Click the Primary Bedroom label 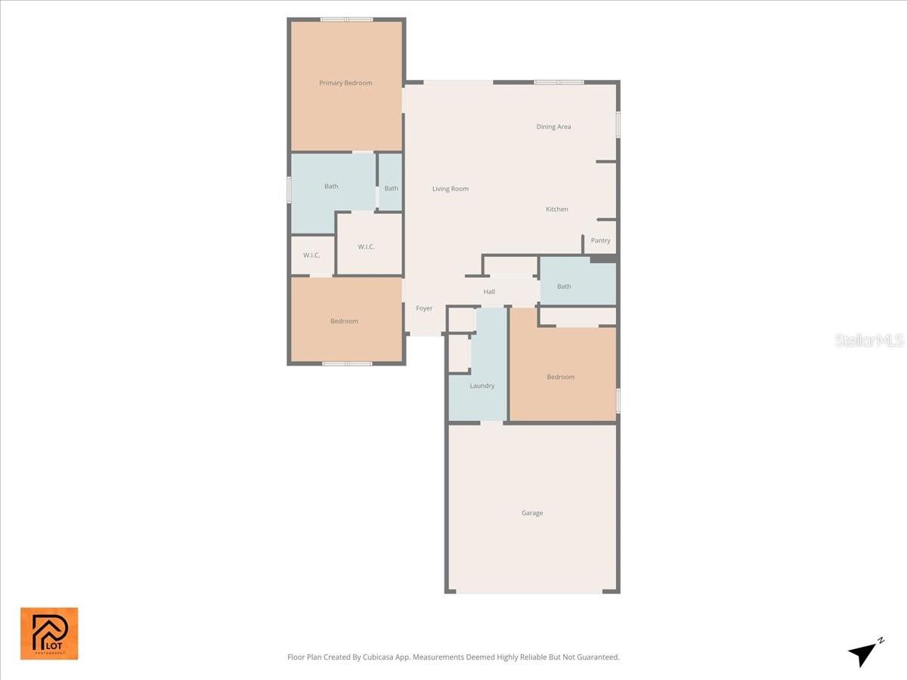click(x=345, y=83)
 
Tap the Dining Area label click(x=553, y=127)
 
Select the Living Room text click(x=450, y=189)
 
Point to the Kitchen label click(x=557, y=209)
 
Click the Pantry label click(x=601, y=241)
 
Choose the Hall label click(x=489, y=292)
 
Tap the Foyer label click(x=424, y=308)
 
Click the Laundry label click(x=481, y=386)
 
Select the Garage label click(x=532, y=513)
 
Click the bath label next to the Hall click(x=564, y=286)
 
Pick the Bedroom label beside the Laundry click(x=561, y=377)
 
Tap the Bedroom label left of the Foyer click(x=344, y=321)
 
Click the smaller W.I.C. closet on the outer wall click(x=311, y=255)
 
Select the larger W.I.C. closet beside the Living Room click(x=367, y=247)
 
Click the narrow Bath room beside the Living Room click(x=391, y=188)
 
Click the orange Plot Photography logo click(x=49, y=633)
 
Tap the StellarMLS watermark click(x=869, y=341)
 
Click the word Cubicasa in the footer click(x=397, y=657)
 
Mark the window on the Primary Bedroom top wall click(x=346, y=20)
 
